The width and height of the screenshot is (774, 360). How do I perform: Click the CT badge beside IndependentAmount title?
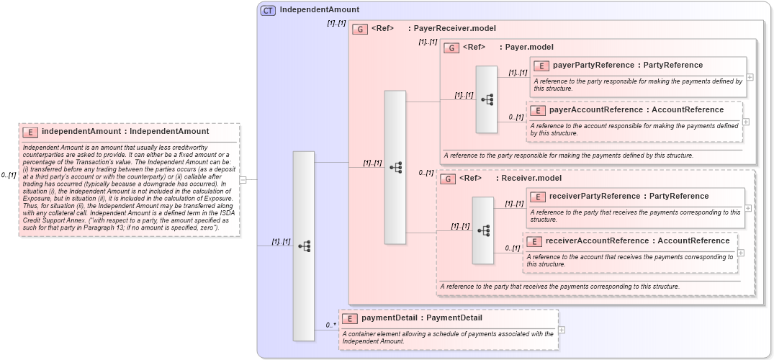point(268,10)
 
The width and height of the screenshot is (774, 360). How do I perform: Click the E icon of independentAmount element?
point(30,132)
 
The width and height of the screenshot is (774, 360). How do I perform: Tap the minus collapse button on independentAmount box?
point(243,180)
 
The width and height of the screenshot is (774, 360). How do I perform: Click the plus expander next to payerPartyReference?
point(750,77)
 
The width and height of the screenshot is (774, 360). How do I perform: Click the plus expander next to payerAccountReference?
point(746,122)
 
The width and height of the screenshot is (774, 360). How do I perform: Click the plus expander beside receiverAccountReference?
point(742,253)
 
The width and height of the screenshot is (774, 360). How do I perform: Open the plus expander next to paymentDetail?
point(562,330)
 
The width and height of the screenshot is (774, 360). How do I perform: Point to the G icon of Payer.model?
point(451,48)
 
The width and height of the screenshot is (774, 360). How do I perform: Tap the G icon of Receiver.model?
point(448,179)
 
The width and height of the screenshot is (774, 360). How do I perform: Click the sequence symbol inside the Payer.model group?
point(487,99)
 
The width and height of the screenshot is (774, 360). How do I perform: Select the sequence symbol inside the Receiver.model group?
point(483,230)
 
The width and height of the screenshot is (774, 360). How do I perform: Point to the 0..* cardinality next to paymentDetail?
point(330,325)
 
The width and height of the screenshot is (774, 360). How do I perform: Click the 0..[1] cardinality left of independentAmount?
point(8,175)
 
